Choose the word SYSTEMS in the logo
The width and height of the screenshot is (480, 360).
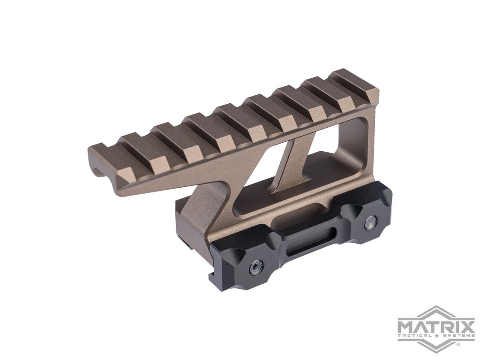click(456, 335)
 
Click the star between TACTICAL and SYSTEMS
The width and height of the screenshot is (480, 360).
click(435, 335)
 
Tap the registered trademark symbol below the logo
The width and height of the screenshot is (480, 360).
click(458, 344)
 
